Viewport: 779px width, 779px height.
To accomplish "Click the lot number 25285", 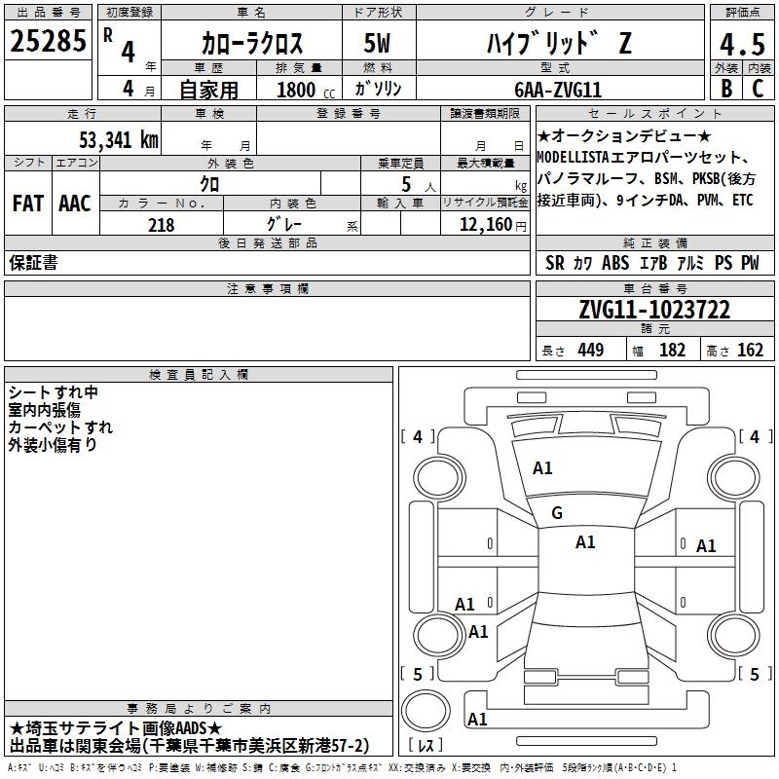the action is [x=48, y=41].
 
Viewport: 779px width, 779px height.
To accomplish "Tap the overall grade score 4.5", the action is [x=742, y=44].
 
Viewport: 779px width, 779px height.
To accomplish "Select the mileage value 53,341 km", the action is [x=119, y=140].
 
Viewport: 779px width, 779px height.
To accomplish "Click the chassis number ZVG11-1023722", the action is [x=654, y=310].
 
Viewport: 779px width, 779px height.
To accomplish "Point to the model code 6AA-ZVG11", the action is [x=558, y=90].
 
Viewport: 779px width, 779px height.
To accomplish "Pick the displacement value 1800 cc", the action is [x=306, y=90].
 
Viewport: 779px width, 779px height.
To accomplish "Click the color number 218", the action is [x=161, y=225].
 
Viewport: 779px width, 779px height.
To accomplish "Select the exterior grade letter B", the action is [x=726, y=89].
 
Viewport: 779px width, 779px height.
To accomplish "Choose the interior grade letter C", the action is [x=758, y=89].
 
